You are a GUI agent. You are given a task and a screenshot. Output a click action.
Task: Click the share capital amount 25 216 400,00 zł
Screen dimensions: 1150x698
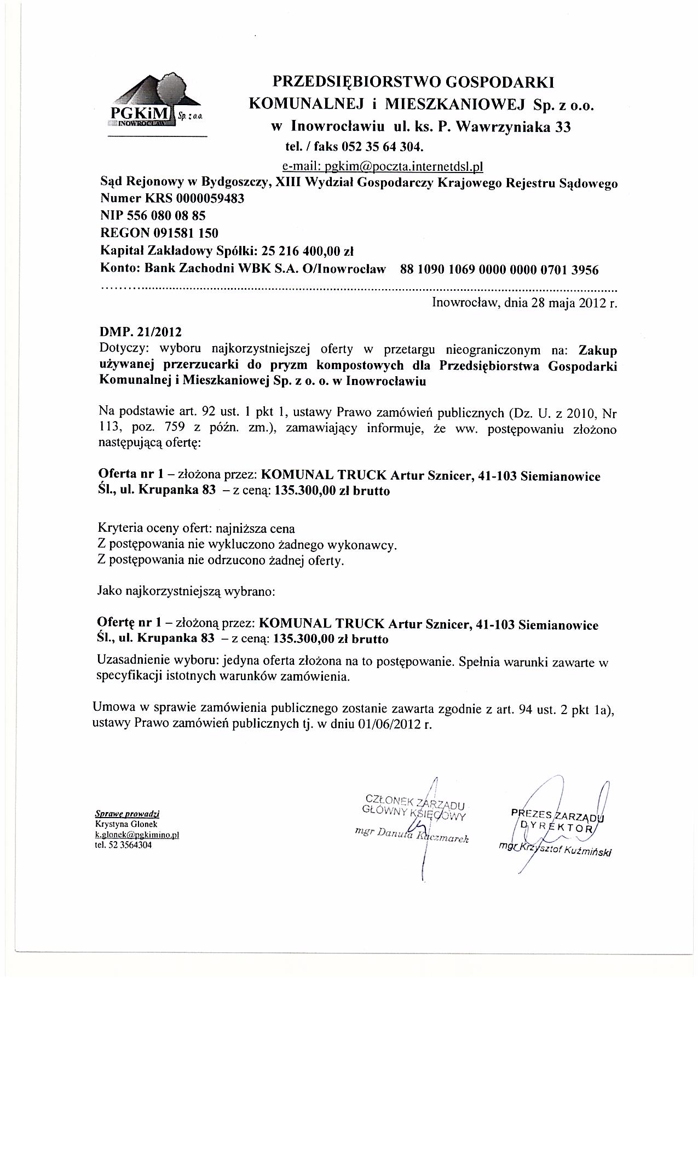(308, 251)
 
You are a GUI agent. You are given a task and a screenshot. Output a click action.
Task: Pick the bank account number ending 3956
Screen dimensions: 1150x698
(500, 269)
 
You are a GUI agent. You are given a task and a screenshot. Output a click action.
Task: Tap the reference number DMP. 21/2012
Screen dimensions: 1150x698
(140, 332)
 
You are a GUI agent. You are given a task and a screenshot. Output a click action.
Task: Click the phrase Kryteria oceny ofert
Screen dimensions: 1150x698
(154, 529)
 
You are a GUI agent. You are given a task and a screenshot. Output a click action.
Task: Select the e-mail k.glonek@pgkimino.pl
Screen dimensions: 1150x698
(137, 835)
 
